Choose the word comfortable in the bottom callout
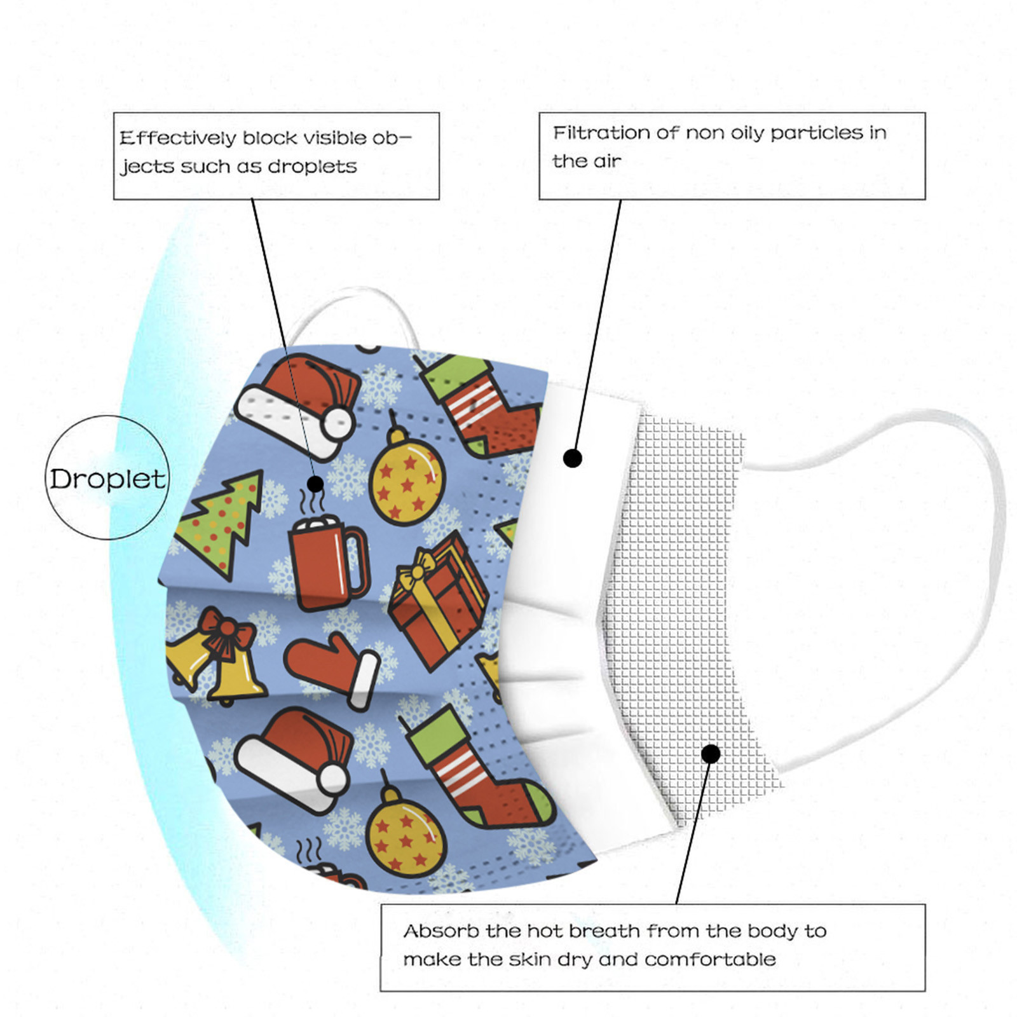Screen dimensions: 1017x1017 click(x=710, y=959)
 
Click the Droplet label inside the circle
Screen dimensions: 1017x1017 click(x=107, y=479)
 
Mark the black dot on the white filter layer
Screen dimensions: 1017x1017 click(x=573, y=458)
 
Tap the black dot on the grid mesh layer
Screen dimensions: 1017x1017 click(x=711, y=754)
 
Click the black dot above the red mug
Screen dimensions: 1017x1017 click(x=315, y=484)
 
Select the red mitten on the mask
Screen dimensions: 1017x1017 click(x=331, y=667)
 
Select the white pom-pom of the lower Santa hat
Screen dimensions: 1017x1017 click(x=332, y=779)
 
